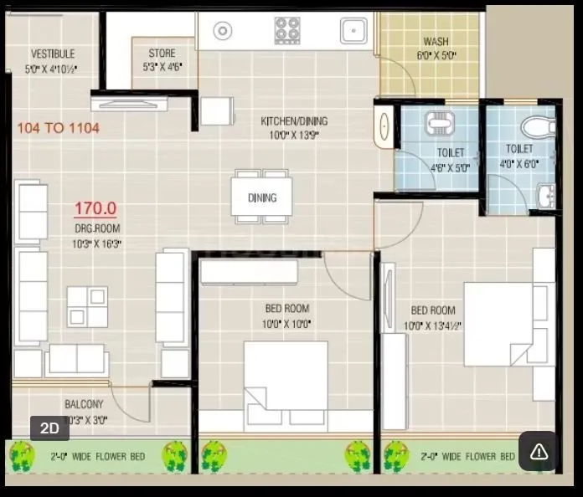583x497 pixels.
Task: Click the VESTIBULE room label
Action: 52,54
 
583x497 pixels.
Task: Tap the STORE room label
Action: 162,54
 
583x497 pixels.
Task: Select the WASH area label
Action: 436,42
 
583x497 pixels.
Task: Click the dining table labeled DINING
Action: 261,197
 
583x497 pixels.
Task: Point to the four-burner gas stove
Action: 287,30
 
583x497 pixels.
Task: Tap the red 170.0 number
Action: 95,208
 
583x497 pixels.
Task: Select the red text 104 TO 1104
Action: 58,128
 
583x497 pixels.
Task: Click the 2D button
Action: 49,428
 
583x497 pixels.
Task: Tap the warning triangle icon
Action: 539,452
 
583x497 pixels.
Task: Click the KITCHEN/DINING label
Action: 294,121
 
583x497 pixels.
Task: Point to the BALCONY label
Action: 85,404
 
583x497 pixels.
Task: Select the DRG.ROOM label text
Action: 96,228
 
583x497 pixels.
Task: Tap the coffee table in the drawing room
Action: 87,306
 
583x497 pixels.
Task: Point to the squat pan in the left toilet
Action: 439,124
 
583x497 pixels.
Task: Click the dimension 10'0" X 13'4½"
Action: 433,326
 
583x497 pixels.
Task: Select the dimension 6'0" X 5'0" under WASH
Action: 435,56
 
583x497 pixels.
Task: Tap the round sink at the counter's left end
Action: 222,31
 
